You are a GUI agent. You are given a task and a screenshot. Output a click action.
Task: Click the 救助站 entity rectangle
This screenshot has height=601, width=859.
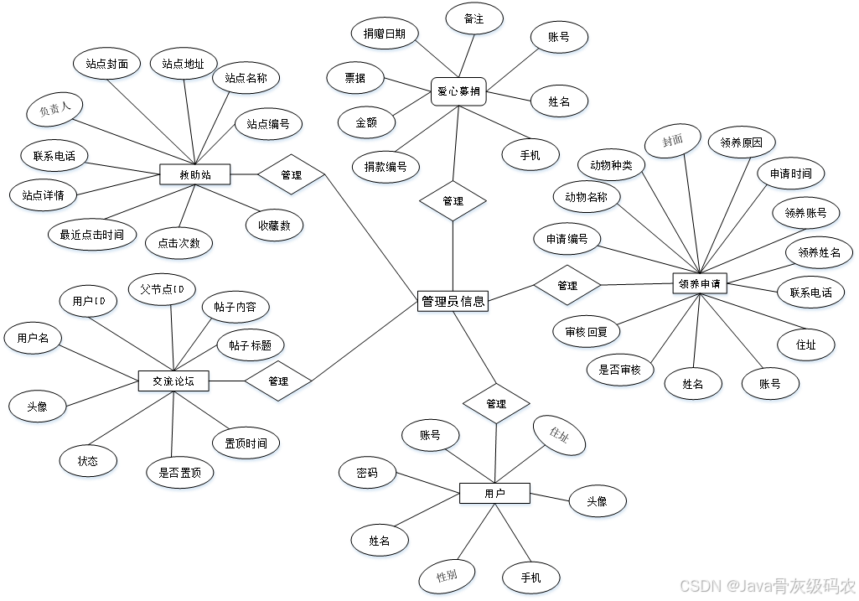coord(195,175)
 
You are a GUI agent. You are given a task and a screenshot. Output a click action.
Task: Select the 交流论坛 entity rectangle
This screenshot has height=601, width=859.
coord(173,381)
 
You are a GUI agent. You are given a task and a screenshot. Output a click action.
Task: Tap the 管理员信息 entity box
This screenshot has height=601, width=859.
coord(453,302)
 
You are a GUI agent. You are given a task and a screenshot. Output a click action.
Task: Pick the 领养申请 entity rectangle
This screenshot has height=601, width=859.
coord(700,284)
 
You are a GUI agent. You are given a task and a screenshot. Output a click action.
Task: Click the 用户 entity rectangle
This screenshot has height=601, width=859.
coord(494,495)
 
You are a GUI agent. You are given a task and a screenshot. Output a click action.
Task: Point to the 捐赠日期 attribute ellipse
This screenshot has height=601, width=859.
coord(384,34)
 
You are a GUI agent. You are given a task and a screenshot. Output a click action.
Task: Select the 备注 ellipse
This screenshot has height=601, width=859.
coord(473,19)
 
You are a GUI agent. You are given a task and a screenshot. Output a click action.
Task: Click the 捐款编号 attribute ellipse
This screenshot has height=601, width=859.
coord(386,168)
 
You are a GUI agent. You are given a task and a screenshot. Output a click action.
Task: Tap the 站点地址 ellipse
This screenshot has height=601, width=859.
coord(184,65)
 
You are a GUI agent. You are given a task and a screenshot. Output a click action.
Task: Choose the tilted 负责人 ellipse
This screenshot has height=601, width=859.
coord(54,110)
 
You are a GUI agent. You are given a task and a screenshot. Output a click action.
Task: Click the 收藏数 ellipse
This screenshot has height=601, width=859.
coord(274,225)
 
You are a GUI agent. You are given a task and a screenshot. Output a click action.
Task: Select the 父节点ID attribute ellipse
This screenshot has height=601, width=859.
coord(163,290)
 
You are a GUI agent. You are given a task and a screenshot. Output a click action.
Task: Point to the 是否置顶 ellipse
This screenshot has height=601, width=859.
coord(180,473)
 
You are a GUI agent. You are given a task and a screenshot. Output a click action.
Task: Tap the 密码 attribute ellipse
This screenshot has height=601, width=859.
coord(366,474)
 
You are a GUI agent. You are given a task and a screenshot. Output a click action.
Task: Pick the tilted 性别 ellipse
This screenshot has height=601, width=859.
coord(447,577)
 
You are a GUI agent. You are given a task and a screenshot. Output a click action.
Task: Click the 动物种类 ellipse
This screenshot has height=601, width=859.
coord(611,166)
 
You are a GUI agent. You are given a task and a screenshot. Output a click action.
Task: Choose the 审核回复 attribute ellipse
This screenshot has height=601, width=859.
coord(586,332)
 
